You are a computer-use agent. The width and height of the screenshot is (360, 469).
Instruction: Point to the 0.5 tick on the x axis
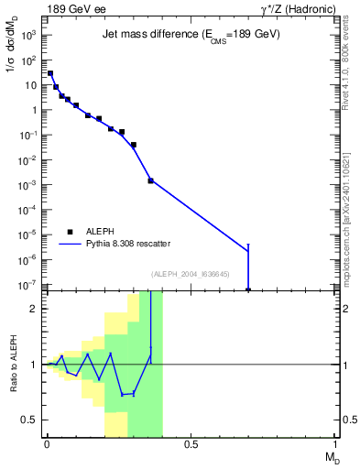pos(191,444)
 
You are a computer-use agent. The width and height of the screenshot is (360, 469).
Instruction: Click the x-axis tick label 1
pos(336,444)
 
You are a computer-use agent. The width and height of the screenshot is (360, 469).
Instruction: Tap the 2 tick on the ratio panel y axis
pos(36,309)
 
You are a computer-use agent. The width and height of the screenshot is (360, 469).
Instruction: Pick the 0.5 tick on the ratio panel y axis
pos(32,420)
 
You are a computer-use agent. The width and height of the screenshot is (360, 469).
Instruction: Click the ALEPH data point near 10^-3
pos(150,180)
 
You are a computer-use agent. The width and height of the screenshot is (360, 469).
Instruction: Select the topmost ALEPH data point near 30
pos(49,73)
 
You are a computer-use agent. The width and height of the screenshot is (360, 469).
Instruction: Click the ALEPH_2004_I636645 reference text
pos(190,274)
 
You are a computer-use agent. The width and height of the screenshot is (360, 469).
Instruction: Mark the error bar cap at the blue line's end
pos(248,245)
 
